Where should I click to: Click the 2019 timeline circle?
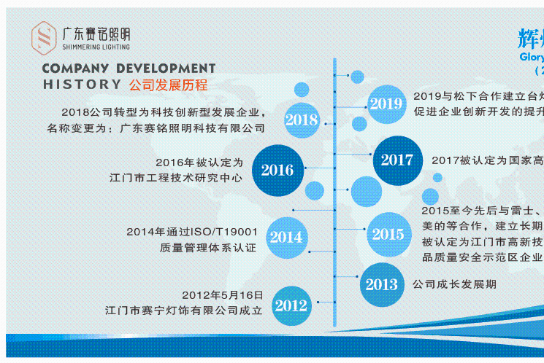tap(386, 104)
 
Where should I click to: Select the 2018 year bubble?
tap(302, 120)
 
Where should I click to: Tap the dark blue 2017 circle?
tap(397, 160)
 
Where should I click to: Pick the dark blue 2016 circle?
tap(277, 171)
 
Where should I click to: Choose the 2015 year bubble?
tap(388, 235)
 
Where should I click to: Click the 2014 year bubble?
tap(286, 237)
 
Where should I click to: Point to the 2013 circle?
tap(381, 284)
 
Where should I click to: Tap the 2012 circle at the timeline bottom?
tap(291, 305)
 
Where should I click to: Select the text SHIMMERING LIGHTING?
tap(96, 47)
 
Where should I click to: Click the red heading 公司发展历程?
tap(168, 85)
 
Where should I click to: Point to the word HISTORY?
tap(82, 85)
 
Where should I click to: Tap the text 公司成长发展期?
tap(455, 284)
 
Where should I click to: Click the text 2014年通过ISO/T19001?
tap(192, 232)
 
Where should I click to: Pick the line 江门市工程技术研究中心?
tap(175, 177)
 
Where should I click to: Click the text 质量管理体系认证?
tap(208, 248)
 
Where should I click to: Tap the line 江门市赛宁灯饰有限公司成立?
tap(183, 311)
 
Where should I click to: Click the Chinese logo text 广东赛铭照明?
tap(96, 33)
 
